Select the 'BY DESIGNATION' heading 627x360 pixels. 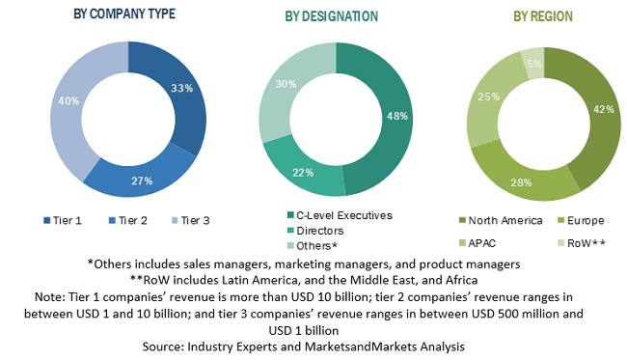click(331, 16)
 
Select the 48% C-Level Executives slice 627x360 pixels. click(390, 116)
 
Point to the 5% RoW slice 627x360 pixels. click(532, 61)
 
